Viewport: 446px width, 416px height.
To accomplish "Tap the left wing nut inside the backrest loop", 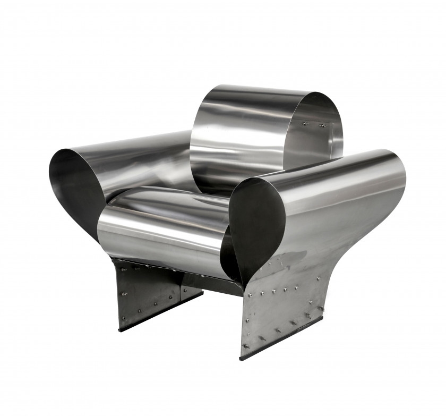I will (x=304, y=124).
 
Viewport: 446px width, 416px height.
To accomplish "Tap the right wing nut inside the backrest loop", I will (x=321, y=125).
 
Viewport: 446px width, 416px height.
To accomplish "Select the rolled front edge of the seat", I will (x=159, y=234).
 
